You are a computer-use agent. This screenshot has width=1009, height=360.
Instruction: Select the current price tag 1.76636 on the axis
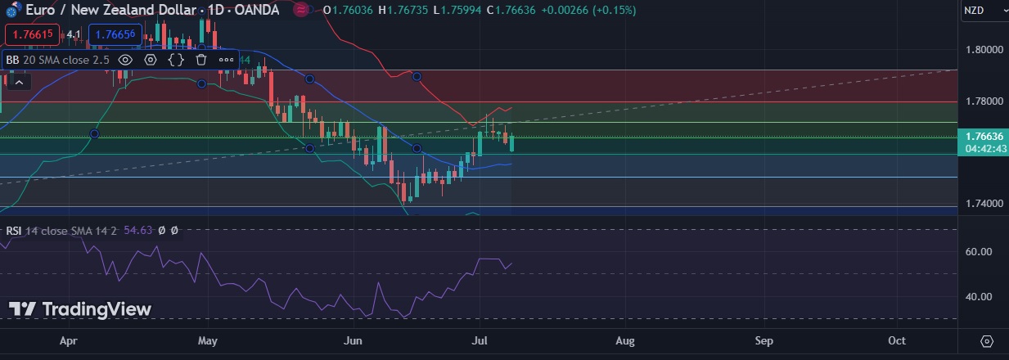tap(985, 136)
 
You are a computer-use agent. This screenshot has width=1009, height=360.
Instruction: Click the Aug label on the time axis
tap(625, 340)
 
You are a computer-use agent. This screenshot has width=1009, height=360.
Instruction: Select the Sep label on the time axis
tap(764, 340)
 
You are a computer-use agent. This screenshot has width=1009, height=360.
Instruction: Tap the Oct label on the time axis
tap(897, 340)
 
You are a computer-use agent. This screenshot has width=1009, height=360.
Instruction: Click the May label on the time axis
tap(208, 340)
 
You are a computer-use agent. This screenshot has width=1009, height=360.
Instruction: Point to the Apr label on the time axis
tap(69, 340)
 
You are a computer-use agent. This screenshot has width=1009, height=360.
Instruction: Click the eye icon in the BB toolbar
tap(125, 60)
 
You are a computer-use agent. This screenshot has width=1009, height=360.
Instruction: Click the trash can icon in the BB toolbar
tap(201, 60)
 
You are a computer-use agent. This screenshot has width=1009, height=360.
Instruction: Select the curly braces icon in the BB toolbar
tap(176, 60)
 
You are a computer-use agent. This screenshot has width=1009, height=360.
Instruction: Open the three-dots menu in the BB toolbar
tap(226, 60)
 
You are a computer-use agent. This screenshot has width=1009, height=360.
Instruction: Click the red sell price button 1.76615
tap(30, 34)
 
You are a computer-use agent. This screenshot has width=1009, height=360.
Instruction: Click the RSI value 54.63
tap(137, 231)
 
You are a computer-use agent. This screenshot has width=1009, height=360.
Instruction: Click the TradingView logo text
tap(80, 309)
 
